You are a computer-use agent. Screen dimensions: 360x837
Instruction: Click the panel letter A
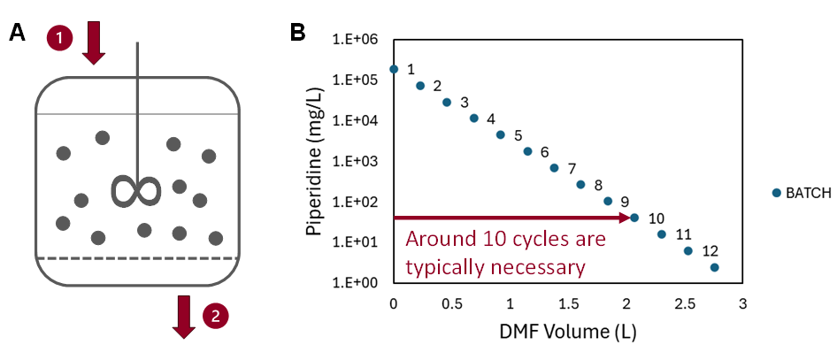click(17, 33)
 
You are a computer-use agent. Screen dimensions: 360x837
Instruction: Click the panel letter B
click(299, 33)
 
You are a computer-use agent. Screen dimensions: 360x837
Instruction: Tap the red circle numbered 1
click(59, 38)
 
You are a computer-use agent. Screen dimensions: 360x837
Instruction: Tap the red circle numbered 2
click(214, 315)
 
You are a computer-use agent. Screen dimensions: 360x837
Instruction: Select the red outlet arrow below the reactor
click(184, 317)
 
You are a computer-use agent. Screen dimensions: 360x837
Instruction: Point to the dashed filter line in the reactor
click(137, 257)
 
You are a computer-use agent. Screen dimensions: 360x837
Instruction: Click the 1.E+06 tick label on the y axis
click(355, 40)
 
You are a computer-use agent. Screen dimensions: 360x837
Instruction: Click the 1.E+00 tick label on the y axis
click(355, 282)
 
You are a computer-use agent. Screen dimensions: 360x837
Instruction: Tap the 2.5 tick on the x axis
click(685, 305)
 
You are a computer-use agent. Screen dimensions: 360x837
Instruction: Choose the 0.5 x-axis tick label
click(452, 305)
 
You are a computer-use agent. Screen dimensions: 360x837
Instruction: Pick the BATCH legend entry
click(802, 193)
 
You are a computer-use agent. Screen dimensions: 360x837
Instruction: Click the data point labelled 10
click(634, 217)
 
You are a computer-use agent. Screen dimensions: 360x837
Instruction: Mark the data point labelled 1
click(394, 68)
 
